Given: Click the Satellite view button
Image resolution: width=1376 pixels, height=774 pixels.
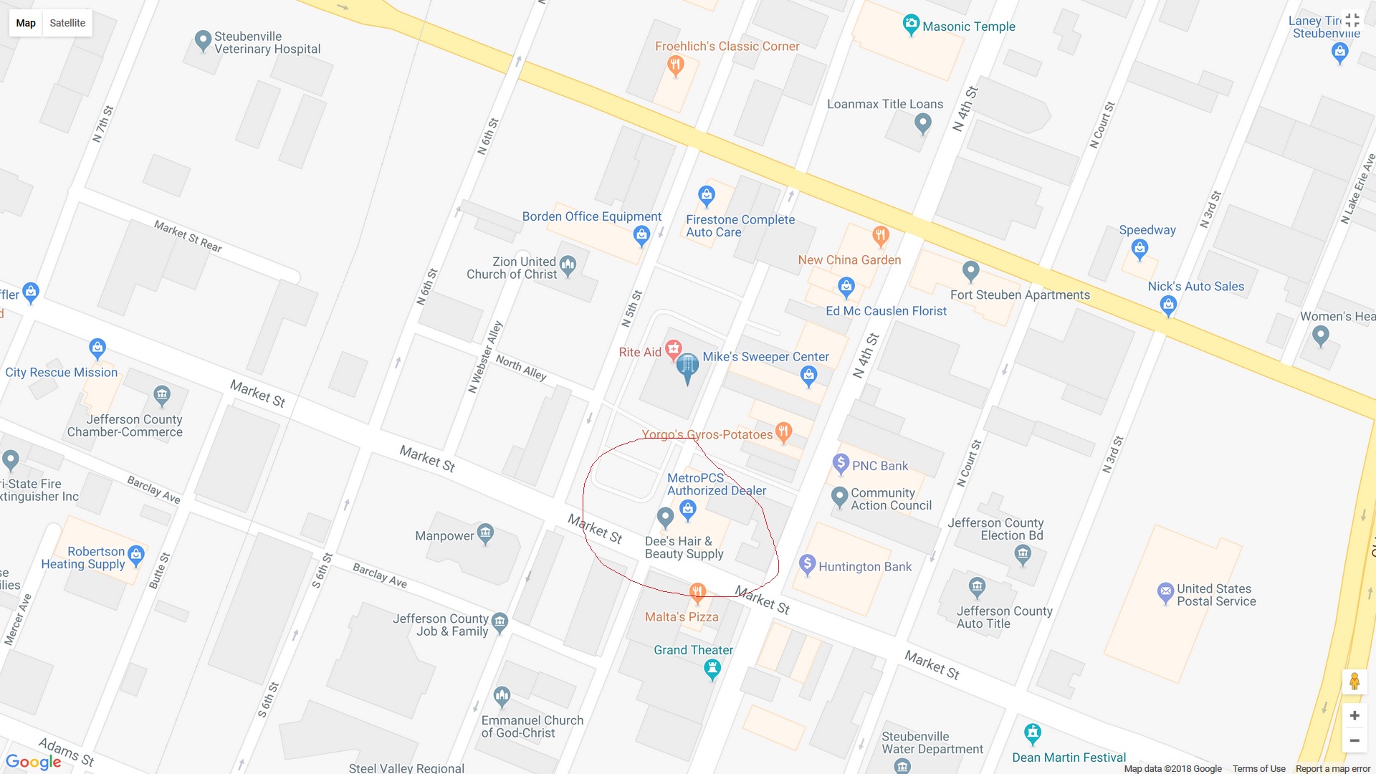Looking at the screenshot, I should (x=67, y=23).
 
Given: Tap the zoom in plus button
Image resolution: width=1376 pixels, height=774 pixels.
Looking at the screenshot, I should (x=1354, y=715).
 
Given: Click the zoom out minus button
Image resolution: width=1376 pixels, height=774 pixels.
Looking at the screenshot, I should (x=1354, y=740).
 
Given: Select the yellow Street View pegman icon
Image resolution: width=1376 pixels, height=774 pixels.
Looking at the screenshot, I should (x=1354, y=682).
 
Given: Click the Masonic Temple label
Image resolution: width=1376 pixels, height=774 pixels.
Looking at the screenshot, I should (x=968, y=27).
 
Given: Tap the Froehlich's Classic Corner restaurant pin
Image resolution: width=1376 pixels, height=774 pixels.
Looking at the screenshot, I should (x=675, y=66).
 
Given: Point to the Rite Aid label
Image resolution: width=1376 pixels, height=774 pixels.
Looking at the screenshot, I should (x=640, y=352).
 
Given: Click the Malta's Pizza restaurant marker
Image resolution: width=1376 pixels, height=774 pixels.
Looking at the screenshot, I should (x=697, y=592).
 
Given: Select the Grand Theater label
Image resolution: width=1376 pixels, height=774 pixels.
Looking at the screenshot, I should (x=693, y=650).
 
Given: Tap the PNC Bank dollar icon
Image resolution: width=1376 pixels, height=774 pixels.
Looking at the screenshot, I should (x=841, y=464).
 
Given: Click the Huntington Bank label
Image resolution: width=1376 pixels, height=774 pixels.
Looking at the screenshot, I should (x=864, y=567).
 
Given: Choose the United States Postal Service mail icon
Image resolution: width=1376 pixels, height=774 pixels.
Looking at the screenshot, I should (x=1165, y=592).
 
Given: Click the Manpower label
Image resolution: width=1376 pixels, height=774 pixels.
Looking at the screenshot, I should (x=444, y=535).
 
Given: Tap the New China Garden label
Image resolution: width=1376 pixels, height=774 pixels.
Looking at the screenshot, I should (x=849, y=260).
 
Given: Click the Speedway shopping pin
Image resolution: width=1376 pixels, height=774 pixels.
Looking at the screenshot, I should (x=1139, y=249).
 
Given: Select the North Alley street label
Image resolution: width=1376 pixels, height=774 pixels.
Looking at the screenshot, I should (x=521, y=368).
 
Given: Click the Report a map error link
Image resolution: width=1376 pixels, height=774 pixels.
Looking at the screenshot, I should (x=1332, y=768).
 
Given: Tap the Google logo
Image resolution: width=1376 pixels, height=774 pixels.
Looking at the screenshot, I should (x=33, y=761).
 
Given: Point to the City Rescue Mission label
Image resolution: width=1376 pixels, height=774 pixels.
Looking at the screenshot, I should (x=62, y=372).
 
